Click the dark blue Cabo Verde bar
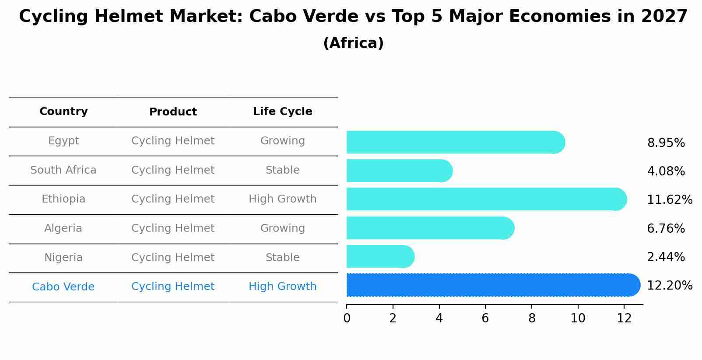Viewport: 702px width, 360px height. click(x=490, y=285)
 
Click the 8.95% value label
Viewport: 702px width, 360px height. click(x=666, y=143)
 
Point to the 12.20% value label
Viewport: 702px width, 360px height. click(x=669, y=286)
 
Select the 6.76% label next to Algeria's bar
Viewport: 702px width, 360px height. click(x=666, y=228)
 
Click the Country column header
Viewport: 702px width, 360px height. click(x=63, y=112)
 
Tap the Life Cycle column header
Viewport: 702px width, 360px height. click(x=282, y=112)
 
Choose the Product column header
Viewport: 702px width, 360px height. click(x=173, y=112)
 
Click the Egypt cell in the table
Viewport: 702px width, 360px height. click(x=63, y=141)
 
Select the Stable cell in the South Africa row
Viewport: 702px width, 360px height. click(x=282, y=170)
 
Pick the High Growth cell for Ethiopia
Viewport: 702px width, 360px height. click(x=282, y=199)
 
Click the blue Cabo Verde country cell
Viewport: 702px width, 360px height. click(x=63, y=287)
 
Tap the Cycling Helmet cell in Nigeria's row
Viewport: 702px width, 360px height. click(x=173, y=258)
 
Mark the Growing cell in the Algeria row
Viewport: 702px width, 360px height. click(x=282, y=228)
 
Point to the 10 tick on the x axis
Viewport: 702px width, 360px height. click(x=578, y=318)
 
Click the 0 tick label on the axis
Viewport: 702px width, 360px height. click(x=347, y=318)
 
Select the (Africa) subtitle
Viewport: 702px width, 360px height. click(x=353, y=43)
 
